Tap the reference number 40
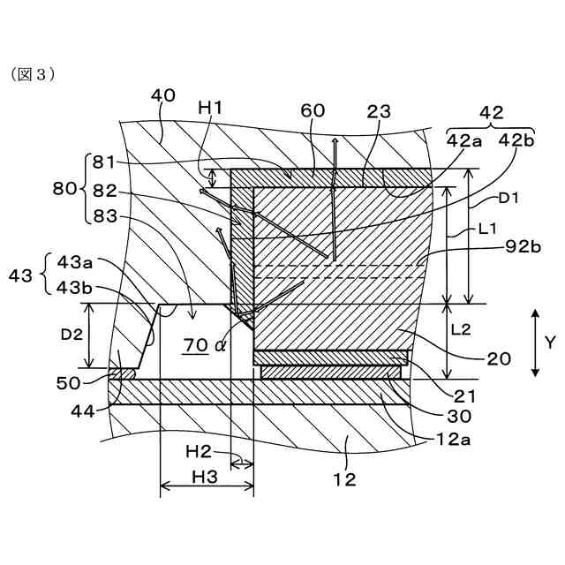[163, 94]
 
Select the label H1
[210, 107]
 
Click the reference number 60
[313, 110]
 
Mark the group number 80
[64, 188]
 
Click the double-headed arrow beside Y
[535, 343]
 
